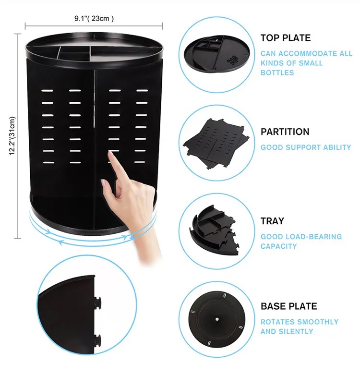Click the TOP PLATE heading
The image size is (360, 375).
[286, 38]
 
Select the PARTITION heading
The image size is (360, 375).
[285, 132]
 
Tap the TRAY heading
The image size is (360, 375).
[272, 221]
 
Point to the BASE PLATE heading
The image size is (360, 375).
[289, 306]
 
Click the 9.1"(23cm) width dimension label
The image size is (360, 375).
[94, 18]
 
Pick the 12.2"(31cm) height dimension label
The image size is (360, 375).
[12, 136]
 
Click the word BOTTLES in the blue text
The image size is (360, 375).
[277, 73]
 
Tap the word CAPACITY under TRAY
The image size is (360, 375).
[278, 246]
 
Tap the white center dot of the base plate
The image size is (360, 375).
[217, 319]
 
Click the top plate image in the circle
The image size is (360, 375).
[217, 53]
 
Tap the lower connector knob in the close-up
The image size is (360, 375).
[97, 340]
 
